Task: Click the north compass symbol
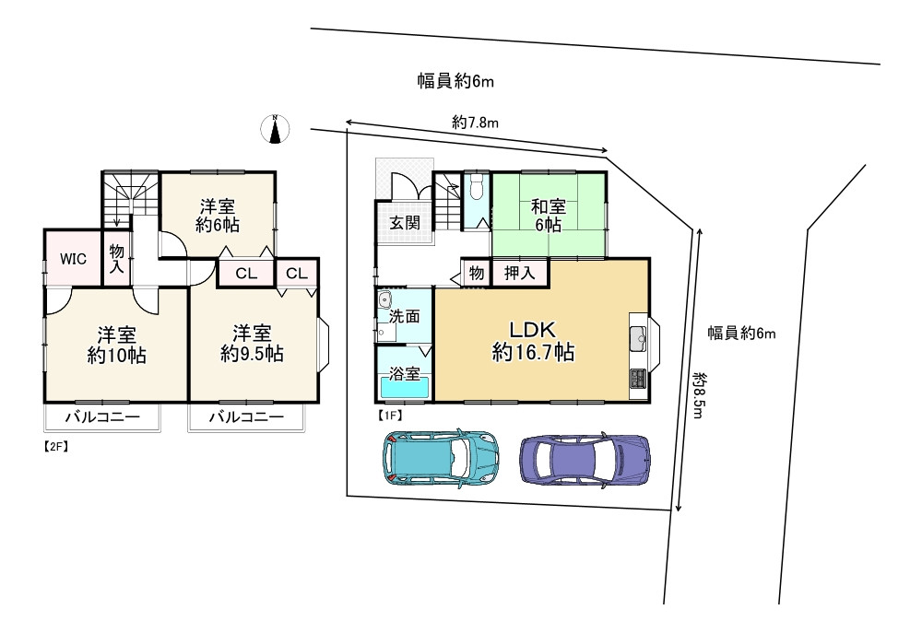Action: [275, 131]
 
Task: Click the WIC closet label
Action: [74, 259]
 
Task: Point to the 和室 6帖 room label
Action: [548, 216]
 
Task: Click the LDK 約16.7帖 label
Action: [534, 340]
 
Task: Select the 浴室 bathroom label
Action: [404, 375]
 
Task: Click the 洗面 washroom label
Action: [404, 316]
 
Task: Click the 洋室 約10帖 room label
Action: [117, 345]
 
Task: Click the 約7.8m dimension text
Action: [476, 123]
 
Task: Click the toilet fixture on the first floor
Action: [475, 190]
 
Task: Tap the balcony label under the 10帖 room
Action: [101, 418]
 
